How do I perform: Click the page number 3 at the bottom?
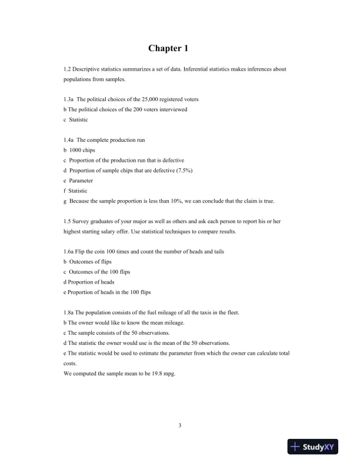click(x=179, y=425)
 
